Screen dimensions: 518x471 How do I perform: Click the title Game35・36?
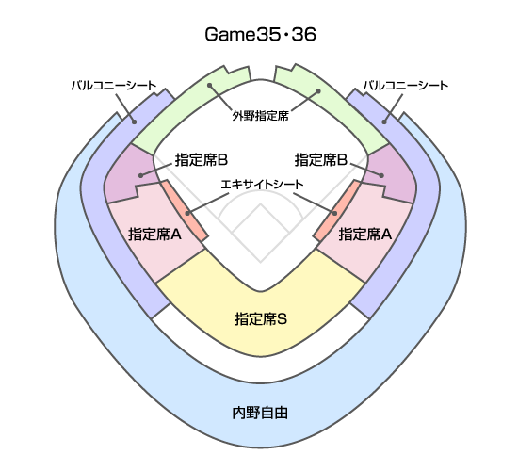click(x=260, y=34)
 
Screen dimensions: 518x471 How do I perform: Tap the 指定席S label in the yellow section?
click(x=261, y=319)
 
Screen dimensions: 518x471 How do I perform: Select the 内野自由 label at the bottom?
click(x=260, y=413)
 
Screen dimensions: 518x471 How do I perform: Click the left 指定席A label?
click(x=155, y=235)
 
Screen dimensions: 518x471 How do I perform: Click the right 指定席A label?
click(x=365, y=235)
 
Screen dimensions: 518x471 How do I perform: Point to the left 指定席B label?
click(x=202, y=160)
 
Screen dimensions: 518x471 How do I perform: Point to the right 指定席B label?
click(x=321, y=160)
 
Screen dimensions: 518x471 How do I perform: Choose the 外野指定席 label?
click(x=260, y=116)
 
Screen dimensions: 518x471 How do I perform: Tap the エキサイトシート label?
click(x=262, y=184)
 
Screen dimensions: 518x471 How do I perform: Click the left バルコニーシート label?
click(x=114, y=86)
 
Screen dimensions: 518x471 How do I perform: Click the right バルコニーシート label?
click(x=406, y=86)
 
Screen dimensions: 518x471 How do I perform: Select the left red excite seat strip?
click(x=186, y=211)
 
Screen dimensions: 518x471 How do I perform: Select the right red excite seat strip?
click(x=336, y=211)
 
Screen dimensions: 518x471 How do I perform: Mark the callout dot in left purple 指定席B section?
click(x=141, y=175)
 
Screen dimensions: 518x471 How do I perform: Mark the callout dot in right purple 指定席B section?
click(x=381, y=175)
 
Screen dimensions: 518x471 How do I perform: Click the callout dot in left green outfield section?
click(x=209, y=86)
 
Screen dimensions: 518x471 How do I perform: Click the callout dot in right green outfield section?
click(x=318, y=90)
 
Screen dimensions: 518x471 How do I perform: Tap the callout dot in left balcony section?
click(x=134, y=122)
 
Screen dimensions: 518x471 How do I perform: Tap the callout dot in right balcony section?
click(x=384, y=122)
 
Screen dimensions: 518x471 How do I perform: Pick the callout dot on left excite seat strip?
click(x=187, y=214)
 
